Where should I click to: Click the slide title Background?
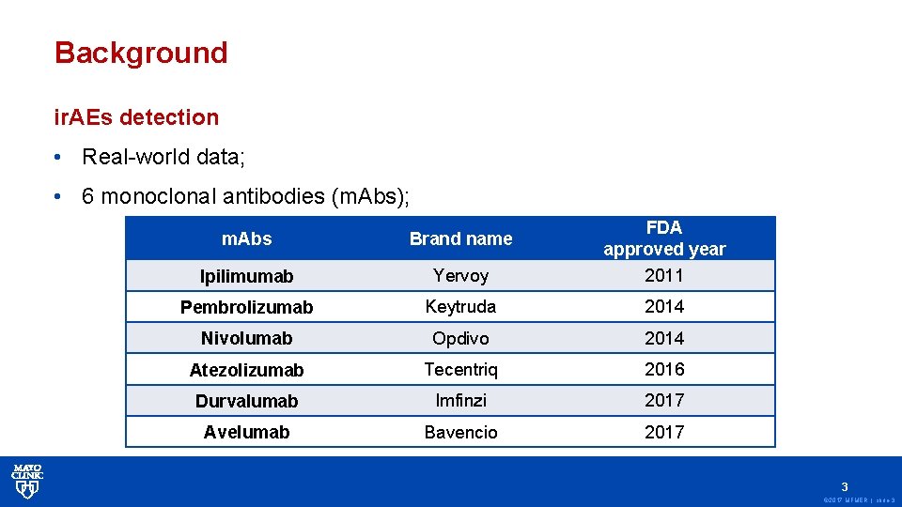[141, 53]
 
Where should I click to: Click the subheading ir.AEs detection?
[136, 117]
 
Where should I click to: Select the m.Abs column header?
[246, 238]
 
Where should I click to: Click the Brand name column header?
[460, 238]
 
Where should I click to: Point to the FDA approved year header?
[664, 238]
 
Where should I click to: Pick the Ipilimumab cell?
[246, 276]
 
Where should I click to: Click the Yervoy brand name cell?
[460, 275]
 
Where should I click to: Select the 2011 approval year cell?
[664, 275]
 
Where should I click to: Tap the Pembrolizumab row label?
[246, 307]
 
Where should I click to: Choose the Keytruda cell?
[460, 306]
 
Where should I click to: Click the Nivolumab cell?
[246, 338]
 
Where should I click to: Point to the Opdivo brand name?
[460, 338]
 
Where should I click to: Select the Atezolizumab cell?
[246, 370]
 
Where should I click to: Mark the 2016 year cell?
[664, 369]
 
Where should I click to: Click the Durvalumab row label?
[246, 401]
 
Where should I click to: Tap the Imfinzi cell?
[460, 400]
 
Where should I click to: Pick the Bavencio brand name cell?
[460, 432]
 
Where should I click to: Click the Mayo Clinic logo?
[27, 480]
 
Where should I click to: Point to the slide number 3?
[845, 487]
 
